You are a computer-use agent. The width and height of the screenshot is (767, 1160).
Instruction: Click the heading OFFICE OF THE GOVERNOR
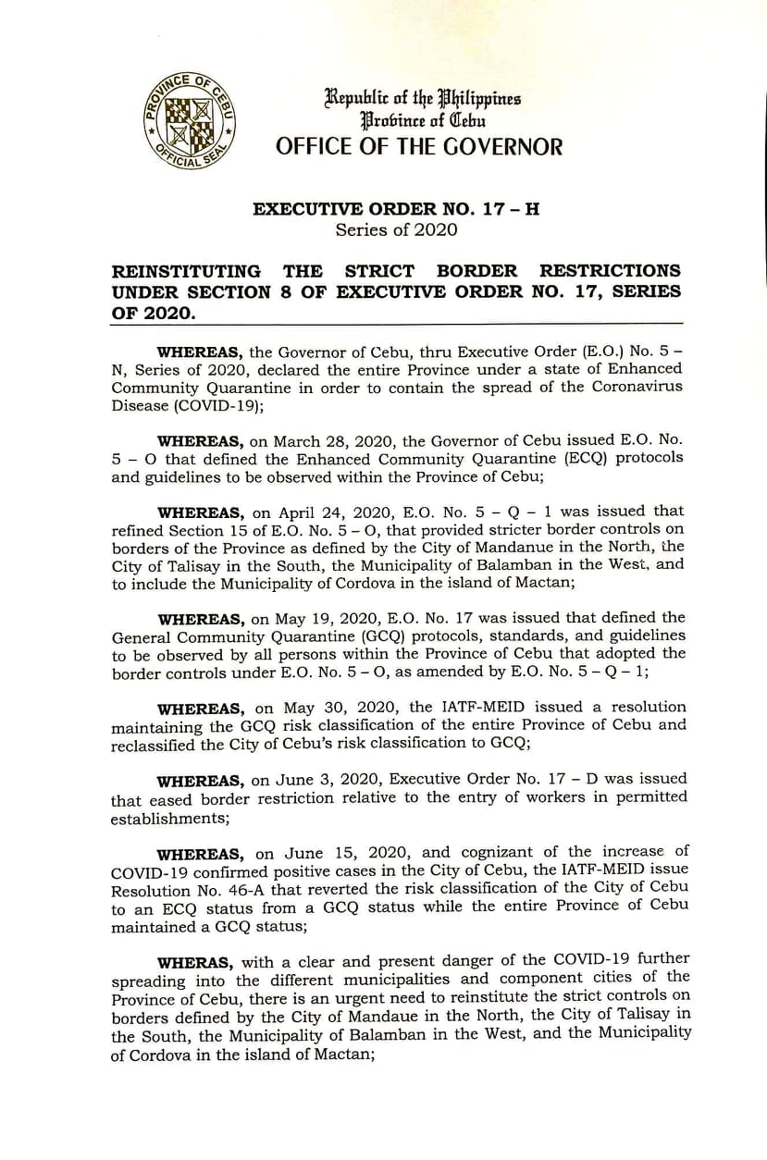coord(418,146)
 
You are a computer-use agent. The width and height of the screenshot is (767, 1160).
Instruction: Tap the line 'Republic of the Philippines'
coord(422,98)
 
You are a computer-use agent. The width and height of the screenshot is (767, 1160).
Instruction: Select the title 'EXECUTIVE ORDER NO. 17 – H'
coord(396,209)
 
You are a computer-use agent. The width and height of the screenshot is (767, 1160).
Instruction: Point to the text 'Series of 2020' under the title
coord(396,229)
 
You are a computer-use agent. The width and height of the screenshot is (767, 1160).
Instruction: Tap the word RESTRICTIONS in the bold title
coord(610,271)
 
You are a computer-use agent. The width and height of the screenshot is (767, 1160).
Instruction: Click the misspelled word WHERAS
coord(195,962)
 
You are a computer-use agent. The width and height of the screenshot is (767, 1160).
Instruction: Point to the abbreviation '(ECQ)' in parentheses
coord(554,458)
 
